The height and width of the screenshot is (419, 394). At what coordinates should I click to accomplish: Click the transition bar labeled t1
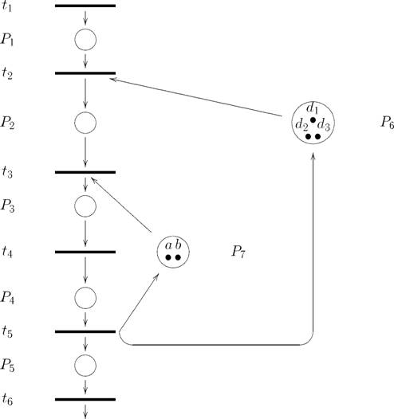(x=85, y=6)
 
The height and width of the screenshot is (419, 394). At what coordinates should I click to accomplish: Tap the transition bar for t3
(x=85, y=172)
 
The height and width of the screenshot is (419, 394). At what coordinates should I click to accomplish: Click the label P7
(x=238, y=252)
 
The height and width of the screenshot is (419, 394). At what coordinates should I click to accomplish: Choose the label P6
(x=387, y=123)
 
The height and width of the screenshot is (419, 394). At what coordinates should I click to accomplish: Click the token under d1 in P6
(x=313, y=120)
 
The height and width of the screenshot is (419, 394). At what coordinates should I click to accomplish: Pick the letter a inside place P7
(x=168, y=245)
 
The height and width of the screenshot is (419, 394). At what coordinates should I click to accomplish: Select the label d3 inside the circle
(x=323, y=124)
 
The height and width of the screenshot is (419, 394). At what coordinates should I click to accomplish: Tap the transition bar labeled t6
(x=85, y=400)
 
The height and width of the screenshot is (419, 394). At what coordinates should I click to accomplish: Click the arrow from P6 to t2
(x=196, y=97)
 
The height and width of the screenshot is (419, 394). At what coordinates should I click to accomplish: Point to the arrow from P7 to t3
(x=121, y=205)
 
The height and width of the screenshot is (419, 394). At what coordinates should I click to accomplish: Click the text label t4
(x=7, y=252)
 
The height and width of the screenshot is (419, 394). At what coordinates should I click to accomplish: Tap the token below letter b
(x=178, y=257)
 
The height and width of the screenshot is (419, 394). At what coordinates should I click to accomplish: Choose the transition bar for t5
(x=85, y=331)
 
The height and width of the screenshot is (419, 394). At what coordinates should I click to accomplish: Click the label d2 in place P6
(x=301, y=125)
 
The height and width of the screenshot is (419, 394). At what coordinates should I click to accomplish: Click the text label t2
(x=7, y=72)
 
